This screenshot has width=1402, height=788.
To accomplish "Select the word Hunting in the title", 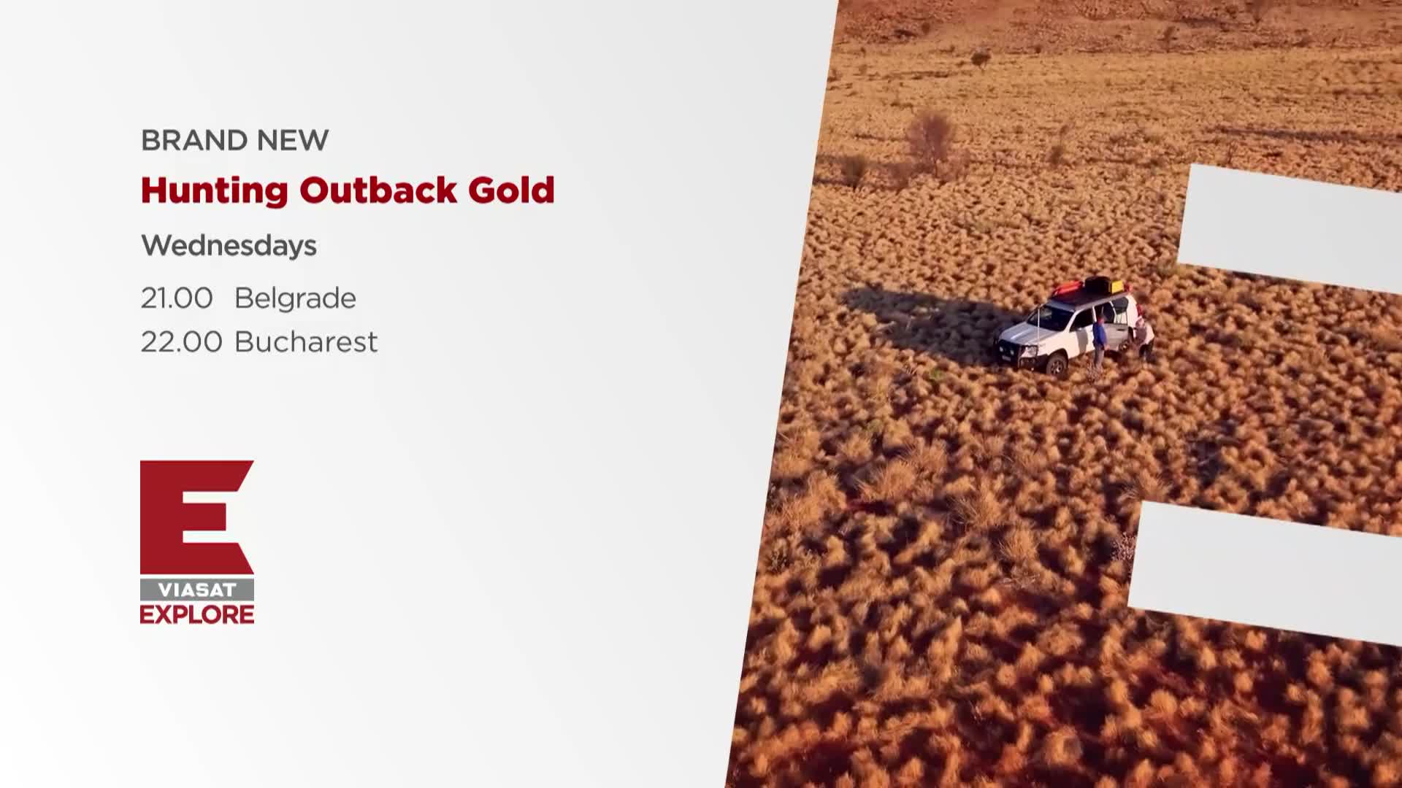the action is tap(215, 191).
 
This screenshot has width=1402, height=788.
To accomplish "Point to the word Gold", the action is tap(512, 190).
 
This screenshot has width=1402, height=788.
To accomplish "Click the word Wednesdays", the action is tap(229, 246).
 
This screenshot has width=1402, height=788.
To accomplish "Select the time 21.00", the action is tap(177, 298).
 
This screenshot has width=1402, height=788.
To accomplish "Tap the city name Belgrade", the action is tap(295, 298).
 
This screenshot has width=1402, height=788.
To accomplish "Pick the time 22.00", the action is tap(181, 342).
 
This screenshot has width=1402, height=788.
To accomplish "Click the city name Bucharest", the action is tap(306, 342).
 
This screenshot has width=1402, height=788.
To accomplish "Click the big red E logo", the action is tap(197, 517).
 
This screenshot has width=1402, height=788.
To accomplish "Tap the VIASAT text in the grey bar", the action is tap(197, 590).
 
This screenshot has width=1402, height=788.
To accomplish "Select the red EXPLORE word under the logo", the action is tap(197, 614).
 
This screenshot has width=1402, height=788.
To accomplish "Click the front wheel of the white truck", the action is tap(1056, 364).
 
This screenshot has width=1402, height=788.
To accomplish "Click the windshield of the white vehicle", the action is tap(1051, 318).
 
